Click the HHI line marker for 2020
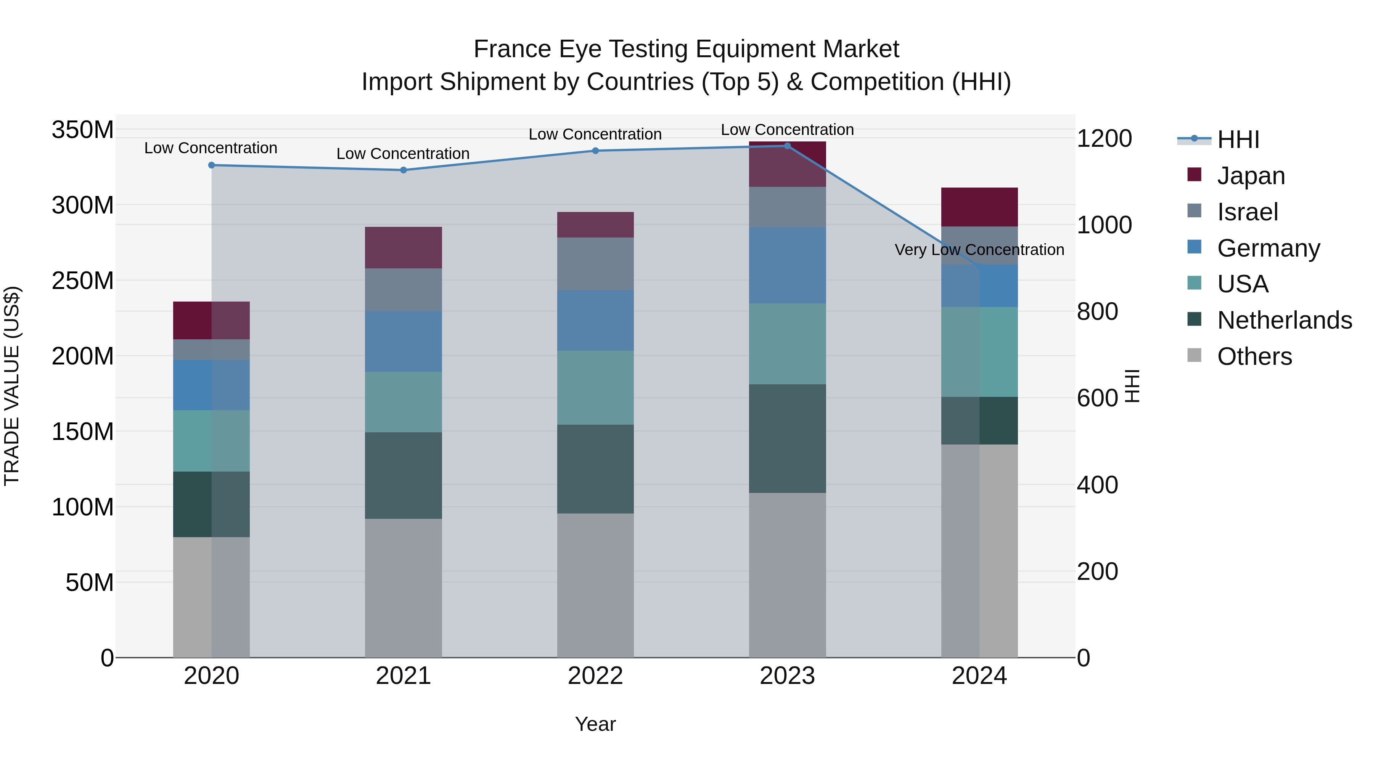coord(212,165)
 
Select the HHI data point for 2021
coord(404,170)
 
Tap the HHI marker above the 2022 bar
coord(595,151)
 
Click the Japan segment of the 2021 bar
coord(404,248)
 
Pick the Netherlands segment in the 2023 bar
coord(787,438)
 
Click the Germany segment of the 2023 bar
coord(787,265)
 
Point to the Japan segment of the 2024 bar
coord(979,207)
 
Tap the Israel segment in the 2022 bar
coord(595,264)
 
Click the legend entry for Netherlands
coord(1285,320)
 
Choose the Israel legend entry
coord(1247,212)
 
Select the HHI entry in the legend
coord(1238,140)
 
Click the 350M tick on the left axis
coord(83,130)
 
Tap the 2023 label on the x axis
coord(787,676)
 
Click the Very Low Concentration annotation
coord(979,249)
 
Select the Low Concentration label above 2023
coord(787,130)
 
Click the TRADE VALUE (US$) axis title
coord(12,386)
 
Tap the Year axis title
coord(595,724)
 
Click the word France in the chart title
coord(512,50)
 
